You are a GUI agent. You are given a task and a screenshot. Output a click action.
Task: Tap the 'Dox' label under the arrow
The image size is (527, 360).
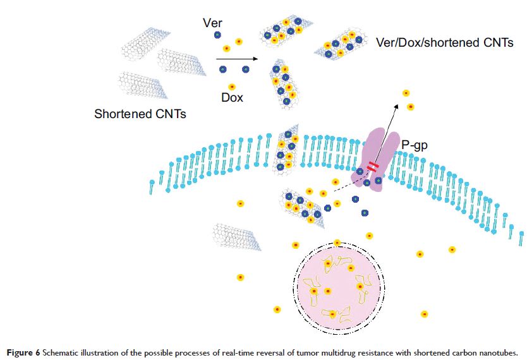[232, 98]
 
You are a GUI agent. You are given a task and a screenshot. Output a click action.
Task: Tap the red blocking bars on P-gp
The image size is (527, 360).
[373, 167]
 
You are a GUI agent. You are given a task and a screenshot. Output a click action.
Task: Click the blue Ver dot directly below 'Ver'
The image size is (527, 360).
[217, 35]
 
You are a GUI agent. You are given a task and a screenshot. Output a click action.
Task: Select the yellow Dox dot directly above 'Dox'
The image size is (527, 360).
[232, 87]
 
